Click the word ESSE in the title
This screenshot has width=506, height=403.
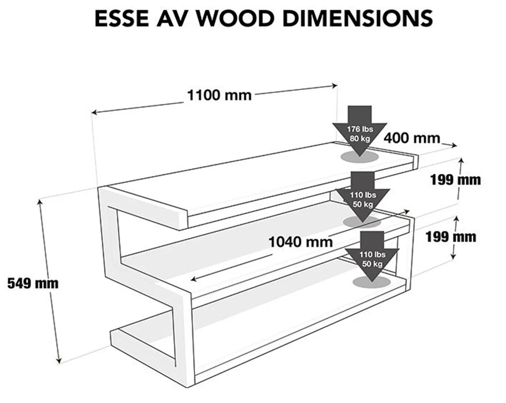[x=120, y=18]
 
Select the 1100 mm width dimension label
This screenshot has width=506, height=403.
[x=219, y=95]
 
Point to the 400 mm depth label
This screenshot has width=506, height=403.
[x=412, y=138]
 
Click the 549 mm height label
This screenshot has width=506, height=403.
[x=32, y=283]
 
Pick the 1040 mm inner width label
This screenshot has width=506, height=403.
[x=300, y=241]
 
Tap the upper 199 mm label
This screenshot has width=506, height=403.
[x=455, y=180]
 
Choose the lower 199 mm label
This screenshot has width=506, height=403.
[x=451, y=237]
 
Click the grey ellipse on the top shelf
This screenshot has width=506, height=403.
[x=360, y=157]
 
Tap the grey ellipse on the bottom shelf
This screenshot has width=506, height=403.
[x=371, y=282]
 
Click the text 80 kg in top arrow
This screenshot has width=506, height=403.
[x=360, y=138]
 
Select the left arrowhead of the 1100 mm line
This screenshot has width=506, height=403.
[x=94, y=113]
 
